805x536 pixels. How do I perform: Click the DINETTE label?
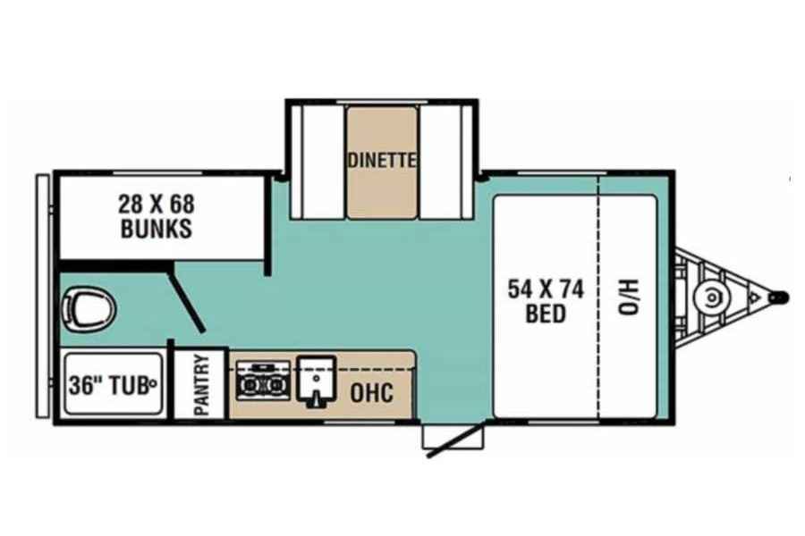coord(381,161)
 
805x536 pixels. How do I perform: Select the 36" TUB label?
coord(109,385)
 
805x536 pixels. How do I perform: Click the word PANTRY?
coord(202,385)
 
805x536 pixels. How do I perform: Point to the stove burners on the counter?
coord(263,381)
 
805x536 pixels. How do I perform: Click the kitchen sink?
coord(317,382)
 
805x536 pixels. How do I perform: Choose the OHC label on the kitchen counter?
coord(372,393)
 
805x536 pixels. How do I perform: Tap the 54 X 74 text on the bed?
coord(546,289)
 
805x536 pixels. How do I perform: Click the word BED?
coord(546,314)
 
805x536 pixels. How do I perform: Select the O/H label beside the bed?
coord(627,297)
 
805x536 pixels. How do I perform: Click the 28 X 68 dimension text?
coord(157,205)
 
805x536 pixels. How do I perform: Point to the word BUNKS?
coord(157,229)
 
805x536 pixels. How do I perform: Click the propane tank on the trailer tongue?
coord(711,297)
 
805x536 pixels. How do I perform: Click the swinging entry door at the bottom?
coord(456,439)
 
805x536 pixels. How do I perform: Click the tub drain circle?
coord(151,382)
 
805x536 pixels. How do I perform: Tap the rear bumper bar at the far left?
coord(43,297)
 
